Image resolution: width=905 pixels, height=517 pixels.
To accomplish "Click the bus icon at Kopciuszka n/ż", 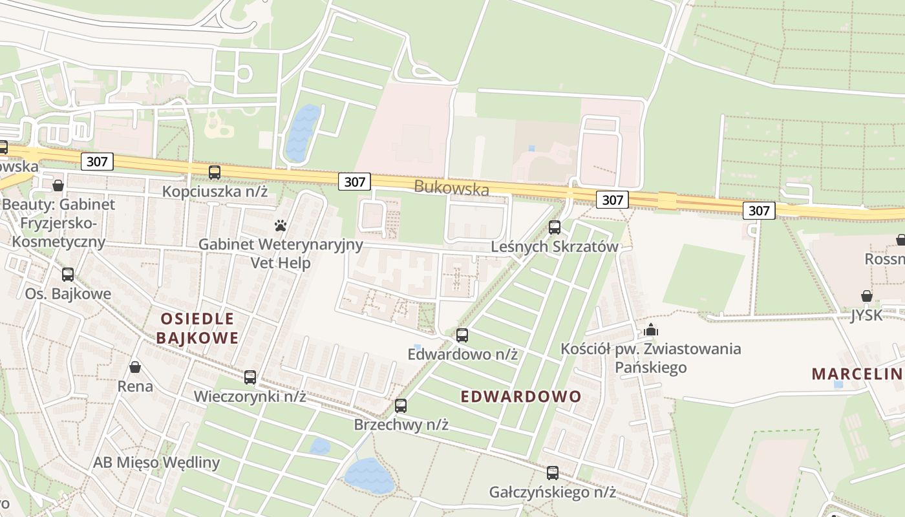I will tap(215, 173).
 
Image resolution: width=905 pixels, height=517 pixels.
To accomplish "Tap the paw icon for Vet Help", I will tap(281, 226).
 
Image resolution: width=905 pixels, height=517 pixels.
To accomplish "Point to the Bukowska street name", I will tap(451, 187).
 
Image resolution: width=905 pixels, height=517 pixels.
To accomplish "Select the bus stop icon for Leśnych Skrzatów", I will tap(555, 227).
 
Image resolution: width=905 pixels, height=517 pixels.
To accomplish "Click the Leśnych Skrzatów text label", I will tap(555, 247).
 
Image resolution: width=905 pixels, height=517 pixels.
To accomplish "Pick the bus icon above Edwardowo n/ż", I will tap(462, 335).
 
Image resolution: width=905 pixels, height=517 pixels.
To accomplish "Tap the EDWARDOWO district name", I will tap(521, 397).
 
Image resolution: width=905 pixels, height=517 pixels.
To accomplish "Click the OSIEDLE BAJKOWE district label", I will tap(197, 328).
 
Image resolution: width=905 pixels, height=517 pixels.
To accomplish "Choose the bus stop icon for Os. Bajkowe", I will tap(68, 275).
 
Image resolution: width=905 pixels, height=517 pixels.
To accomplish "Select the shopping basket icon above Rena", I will tap(135, 367).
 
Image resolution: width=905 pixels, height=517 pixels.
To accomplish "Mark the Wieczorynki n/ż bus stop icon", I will tap(250, 377).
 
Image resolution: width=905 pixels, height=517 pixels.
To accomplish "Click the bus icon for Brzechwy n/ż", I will tap(401, 406).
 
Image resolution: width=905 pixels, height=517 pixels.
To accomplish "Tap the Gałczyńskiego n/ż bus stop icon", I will tap(552, 473).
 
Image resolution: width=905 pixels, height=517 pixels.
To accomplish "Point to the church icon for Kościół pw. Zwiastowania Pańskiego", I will tap(650, 330).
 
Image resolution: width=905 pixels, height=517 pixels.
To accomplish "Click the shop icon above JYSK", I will tap(867, 296).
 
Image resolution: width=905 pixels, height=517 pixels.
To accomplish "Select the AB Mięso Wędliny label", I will tap(156, 463).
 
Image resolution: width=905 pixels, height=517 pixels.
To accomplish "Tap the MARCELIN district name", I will tap(857, 374).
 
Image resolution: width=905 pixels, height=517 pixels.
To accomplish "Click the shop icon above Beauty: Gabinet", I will tap(58, 186).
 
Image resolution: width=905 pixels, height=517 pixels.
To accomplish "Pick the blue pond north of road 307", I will tap(303, 132).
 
